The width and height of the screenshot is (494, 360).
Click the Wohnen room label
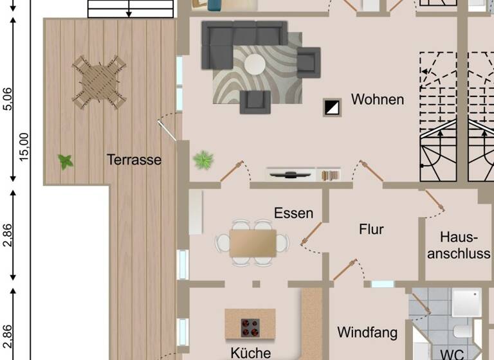(x=378, y=100)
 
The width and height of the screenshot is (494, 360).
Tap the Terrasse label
(x=134, y=159)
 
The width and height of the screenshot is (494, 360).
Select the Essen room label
(x=293, y=213)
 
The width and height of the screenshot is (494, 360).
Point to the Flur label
(x=372, y=229)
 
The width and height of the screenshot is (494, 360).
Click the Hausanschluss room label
(x=459, y=245)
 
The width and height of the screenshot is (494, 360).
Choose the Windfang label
(x=367, y=332)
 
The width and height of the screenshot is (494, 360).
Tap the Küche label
(x=250, y=352)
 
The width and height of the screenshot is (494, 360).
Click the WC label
(x=452, y=354)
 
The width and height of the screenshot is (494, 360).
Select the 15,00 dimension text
(x=24, y=147)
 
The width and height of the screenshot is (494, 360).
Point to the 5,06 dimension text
(x=7, y=100)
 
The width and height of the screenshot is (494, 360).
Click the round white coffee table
(x=254, y=64)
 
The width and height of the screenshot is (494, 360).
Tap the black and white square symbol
(x=333, y=107)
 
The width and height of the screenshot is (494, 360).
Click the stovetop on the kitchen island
(x=250, y=327)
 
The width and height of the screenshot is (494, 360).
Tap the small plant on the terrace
(x=65, y=161)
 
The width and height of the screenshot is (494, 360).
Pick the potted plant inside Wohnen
(x=203, y=159)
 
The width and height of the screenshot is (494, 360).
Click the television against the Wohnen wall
(x=291, y=174)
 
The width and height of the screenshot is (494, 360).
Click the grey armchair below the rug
(x=255, y=101)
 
